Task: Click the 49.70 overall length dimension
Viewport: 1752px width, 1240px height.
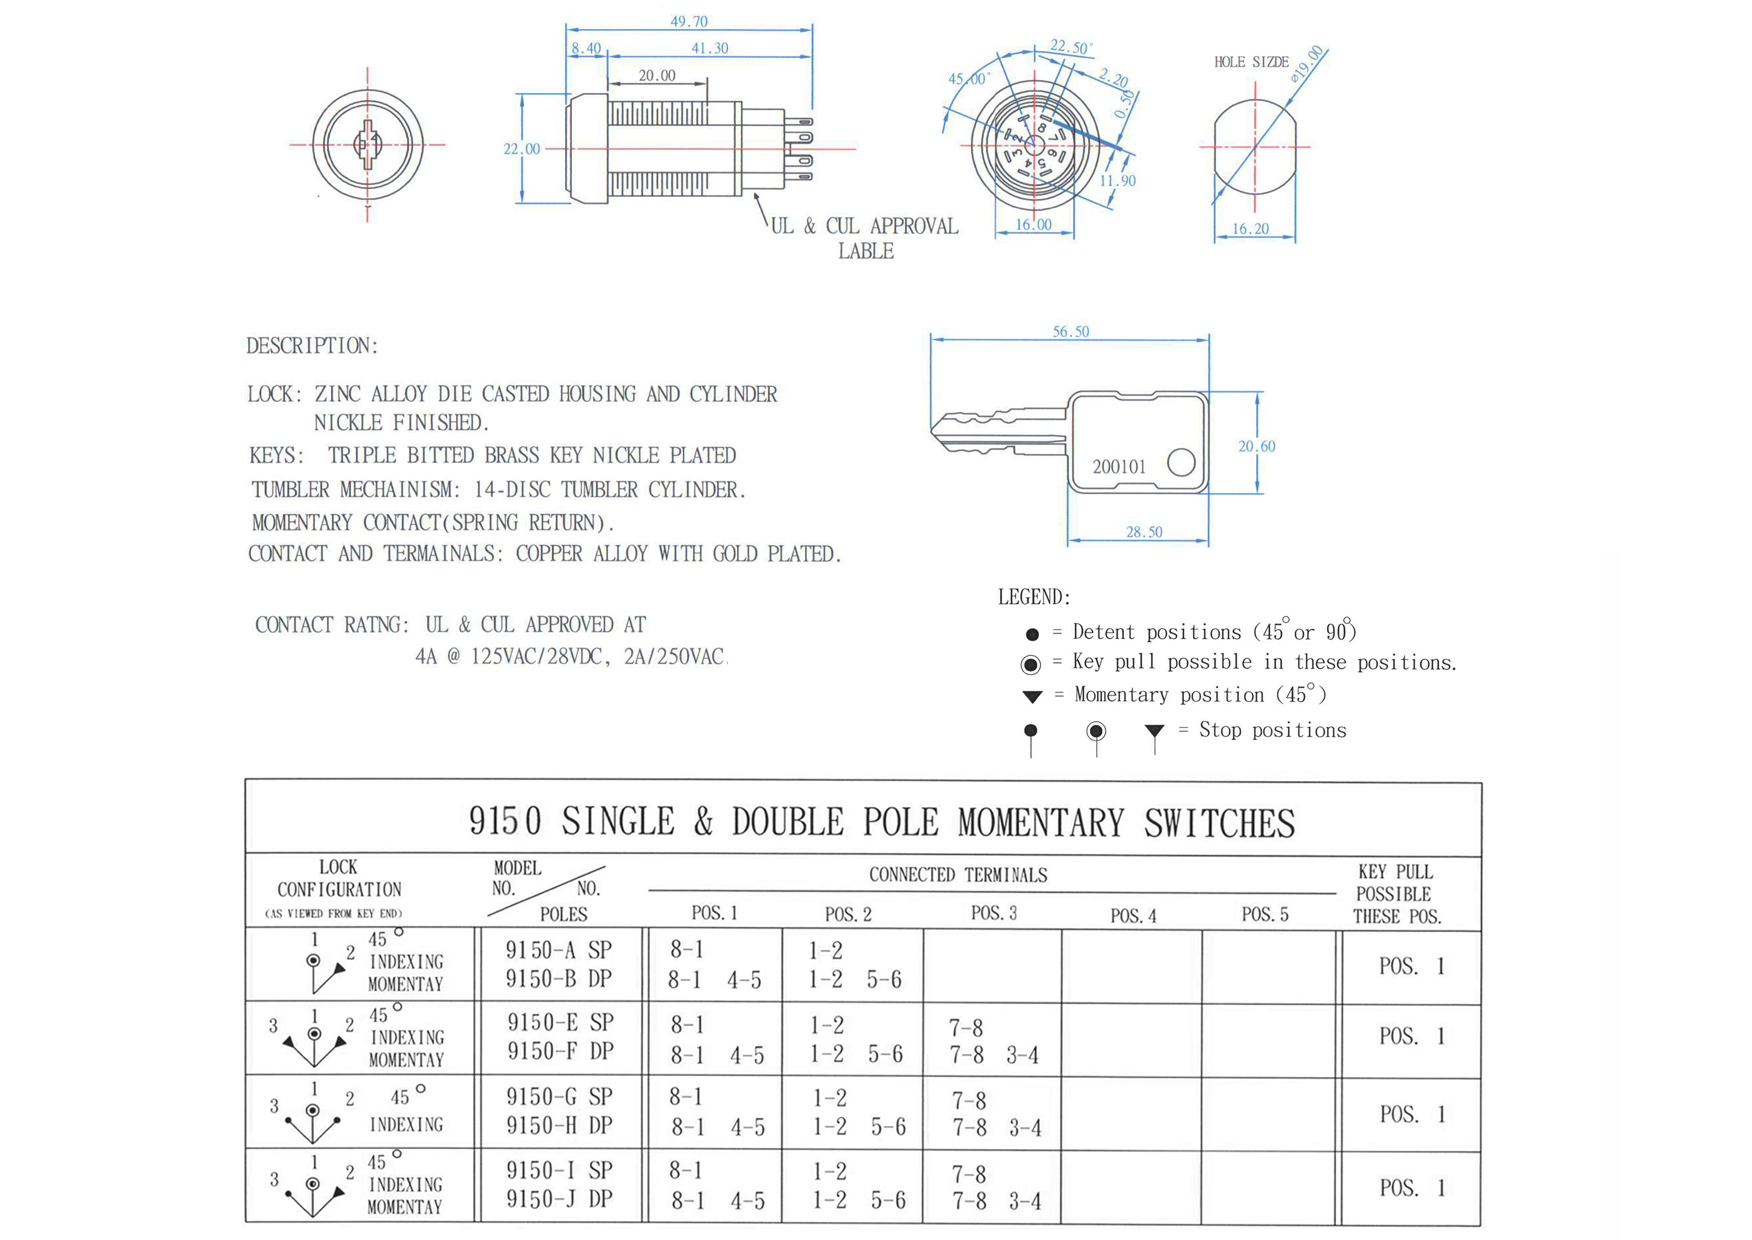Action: pyautogui.click(x=689, y=21)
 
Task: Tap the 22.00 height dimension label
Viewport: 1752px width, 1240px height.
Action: pyautogui.click(x=521, y=149)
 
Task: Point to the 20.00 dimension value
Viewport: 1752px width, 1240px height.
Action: pyautogui.click(x=656, y=76)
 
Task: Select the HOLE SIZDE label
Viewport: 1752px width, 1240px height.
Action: pyautogui.click(x=1251, y=62)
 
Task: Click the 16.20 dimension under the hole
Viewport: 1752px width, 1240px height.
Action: pyautogui.click(x=1250, y=228)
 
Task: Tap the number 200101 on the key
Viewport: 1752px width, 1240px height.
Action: pyautogui.click(x=1119, y=467)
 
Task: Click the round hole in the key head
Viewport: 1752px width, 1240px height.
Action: pyautogui.click(x=1181, y=462)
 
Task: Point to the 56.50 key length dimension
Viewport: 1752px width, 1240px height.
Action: pyautogui.click(x=1071, y=331)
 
